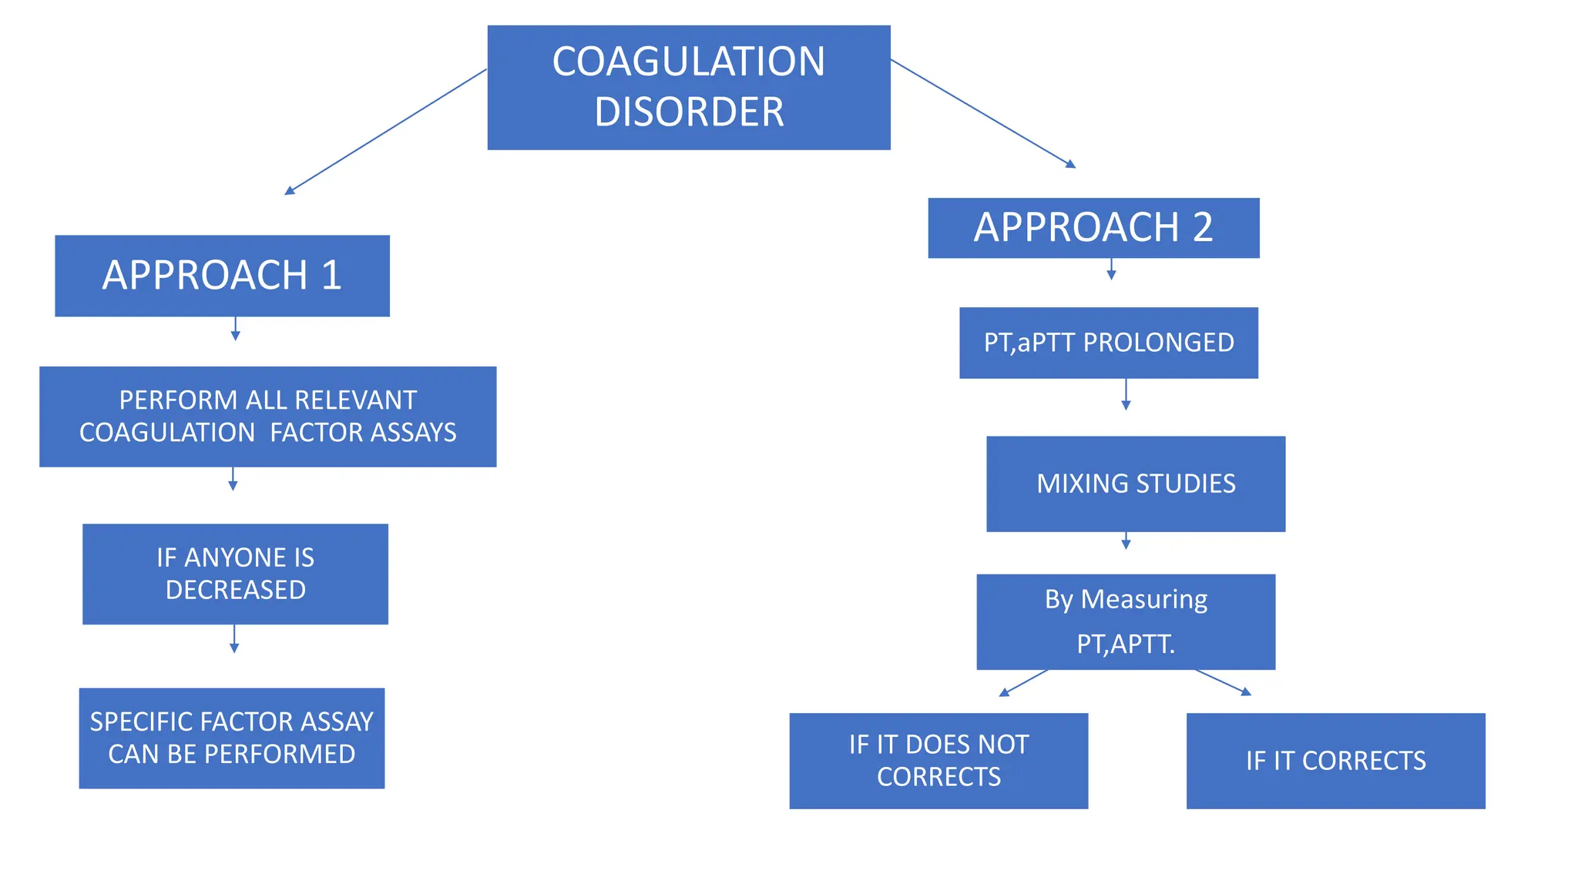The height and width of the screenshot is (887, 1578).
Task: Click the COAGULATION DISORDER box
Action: [688, 87]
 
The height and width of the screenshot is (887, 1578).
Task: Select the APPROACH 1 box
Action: [222, 276]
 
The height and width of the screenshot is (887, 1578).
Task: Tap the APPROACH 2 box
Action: [1093, 228]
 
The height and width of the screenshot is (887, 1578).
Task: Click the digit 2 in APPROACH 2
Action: [1202, 228]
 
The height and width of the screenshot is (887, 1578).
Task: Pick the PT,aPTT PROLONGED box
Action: [1108, 343]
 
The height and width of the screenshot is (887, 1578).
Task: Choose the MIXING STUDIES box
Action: [1135, 484]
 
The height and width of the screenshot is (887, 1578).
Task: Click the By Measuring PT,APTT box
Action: [1125, 621]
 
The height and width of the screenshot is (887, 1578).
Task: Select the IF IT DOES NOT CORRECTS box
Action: [938, 760]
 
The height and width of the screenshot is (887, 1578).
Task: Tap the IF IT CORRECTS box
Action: [1335, 760]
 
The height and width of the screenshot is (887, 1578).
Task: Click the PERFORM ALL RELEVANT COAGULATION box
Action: [267, 417]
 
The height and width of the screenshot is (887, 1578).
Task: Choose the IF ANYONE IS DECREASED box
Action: [235, 574]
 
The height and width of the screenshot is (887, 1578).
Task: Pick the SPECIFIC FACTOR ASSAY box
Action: [231, 738]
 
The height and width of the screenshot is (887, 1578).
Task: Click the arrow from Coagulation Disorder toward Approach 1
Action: [385, 132]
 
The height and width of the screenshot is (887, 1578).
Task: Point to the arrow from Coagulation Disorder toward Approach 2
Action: [982, 113]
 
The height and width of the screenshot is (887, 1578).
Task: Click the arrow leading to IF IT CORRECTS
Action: [1223, 682]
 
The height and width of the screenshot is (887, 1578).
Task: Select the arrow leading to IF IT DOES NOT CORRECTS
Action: [1024, 683]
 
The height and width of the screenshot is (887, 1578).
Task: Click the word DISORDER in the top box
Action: [688, 112]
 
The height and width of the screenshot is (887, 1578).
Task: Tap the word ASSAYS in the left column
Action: [411, 433]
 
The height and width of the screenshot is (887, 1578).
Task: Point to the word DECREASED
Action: [235, 590]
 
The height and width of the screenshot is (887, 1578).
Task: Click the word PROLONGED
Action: [1158, 343]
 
